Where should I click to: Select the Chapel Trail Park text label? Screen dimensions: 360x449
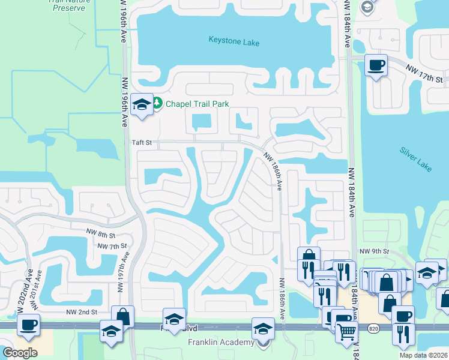coord(197,104)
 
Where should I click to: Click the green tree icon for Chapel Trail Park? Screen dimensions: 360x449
coord(157,103)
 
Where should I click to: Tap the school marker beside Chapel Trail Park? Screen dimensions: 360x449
coord(142,104)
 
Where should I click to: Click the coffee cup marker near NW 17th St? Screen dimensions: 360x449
coord(376,65)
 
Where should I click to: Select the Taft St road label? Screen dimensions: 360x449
coord(143,143)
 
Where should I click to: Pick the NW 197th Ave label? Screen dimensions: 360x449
coord(124,272)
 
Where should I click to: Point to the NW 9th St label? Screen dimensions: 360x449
coord(374,251)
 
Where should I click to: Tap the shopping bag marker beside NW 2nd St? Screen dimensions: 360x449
coord(123,316)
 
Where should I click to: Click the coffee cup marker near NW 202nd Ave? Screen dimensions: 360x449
coord(29,324)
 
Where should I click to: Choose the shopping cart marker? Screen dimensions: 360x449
coord(346,331)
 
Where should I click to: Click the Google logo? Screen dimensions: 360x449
coord(20,352)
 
